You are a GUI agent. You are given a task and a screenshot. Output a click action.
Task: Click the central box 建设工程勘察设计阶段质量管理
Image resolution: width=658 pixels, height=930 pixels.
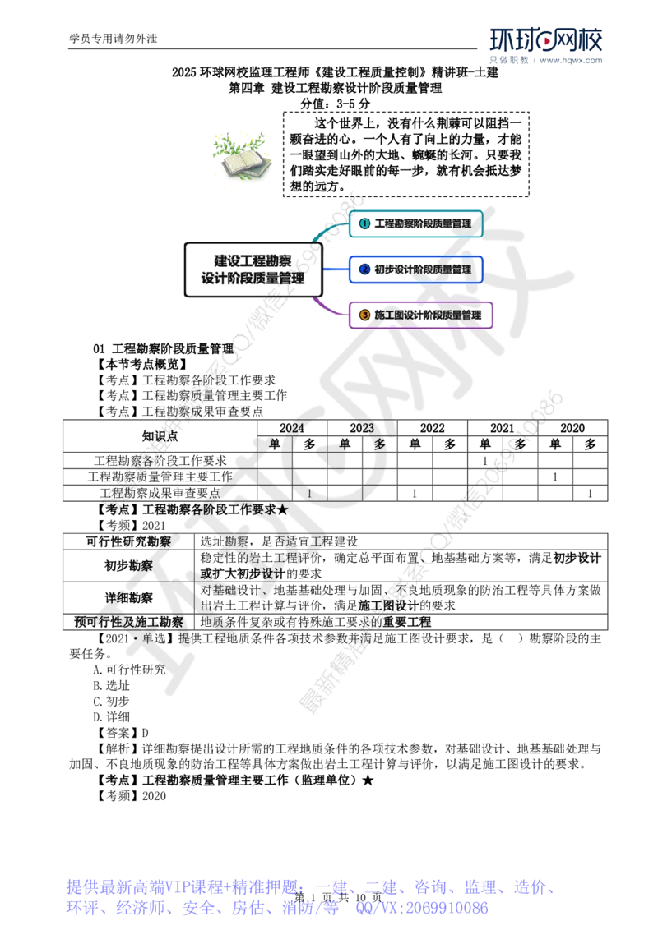coord(253,269)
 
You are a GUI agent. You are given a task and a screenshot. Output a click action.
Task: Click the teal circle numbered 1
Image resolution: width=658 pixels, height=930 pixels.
coord(364,223)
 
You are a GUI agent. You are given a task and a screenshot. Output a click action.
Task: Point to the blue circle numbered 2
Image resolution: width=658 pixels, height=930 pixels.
coord(364,269)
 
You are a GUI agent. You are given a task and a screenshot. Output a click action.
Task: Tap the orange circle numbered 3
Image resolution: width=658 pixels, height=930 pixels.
coord(364,315)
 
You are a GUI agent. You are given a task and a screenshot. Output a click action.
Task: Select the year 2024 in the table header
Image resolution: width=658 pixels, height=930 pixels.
coord(294,428)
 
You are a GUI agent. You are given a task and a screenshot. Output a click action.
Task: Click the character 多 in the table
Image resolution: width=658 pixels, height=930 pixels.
coord(379,444)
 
